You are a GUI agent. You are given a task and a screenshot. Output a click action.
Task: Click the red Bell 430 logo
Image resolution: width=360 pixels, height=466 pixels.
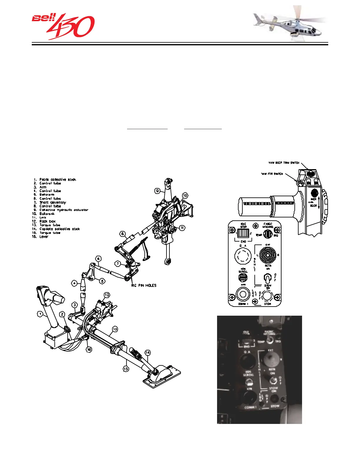(x=63, y=26)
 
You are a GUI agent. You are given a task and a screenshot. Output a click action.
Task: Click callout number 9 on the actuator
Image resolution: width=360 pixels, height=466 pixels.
(x=158, y=191)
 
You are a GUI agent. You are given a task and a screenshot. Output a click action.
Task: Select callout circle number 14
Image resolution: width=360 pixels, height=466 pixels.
(x=147, y=352)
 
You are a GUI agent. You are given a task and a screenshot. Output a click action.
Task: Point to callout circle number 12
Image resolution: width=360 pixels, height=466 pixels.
(x=107, y=294)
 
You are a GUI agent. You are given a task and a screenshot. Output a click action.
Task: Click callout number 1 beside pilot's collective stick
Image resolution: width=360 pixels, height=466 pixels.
(x=40, y=314)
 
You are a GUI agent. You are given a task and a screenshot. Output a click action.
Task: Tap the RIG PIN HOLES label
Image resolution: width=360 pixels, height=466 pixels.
(x=144, y=285)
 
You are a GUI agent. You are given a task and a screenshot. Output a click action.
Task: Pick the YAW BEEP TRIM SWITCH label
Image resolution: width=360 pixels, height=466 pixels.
(x=284, y=163)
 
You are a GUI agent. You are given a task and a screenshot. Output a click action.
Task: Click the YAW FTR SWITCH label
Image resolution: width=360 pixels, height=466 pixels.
(x=272, y=174)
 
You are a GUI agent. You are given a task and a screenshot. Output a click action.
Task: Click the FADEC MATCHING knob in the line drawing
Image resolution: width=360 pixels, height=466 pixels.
(x=268, y=234)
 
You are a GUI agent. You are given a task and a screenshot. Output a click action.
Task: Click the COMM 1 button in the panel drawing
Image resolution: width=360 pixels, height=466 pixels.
(x=243, y=294)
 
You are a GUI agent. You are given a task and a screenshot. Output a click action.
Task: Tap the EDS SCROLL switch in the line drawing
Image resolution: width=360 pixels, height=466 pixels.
(x=243, y=277)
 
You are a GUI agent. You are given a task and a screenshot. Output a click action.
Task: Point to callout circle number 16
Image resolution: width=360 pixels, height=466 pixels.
(x=89, y=349)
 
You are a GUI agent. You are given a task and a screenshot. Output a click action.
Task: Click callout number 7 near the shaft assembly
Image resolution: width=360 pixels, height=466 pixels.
(x=118, y=264)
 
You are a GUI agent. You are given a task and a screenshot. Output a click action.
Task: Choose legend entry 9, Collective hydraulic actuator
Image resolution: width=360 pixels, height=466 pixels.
(x=63, y=210)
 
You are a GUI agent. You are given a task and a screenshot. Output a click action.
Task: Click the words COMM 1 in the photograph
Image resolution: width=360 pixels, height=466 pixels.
(x=251, y=407)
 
